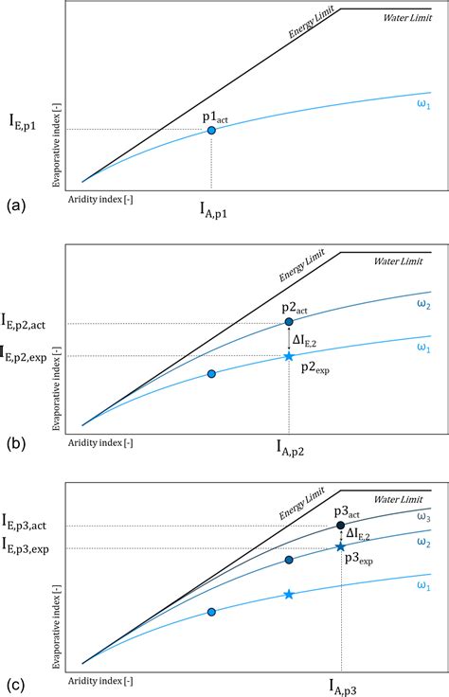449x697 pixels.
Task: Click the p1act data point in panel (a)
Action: [x=210, y=130]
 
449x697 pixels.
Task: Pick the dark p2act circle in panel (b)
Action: [x=289, y=323]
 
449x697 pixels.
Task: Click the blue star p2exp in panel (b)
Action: [x=289, y=356]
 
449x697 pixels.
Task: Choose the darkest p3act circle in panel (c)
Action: [x=340, y=526]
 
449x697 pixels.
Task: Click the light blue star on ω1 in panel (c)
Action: [x=289, y=594]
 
